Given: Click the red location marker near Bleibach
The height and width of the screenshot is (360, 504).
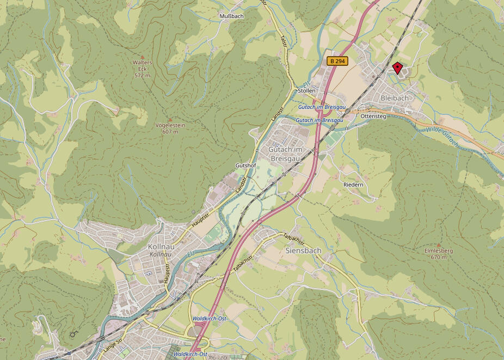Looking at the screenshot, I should pyautogui.click(x=398, y=68).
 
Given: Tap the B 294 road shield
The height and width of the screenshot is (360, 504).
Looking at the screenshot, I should pyautogui.click(x=337, y=61).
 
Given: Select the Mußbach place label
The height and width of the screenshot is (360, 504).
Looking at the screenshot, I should pyautogui.click(x=231, y=16).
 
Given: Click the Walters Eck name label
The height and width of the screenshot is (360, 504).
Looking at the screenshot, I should pyautogui.click(x=142, y=63).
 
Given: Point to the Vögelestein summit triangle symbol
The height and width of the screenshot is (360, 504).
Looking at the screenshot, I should pyautogui.click(x=170, y=119).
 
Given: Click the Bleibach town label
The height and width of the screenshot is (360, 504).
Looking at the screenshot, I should pyautogui.click(x=395, y=97).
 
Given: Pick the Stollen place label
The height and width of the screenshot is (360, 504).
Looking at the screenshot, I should pyautogui.click(x=306, y=90).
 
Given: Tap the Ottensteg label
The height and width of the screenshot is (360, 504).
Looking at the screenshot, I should pyautogui.click(x=373, y=117).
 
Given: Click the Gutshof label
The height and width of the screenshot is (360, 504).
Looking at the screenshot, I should pyautogui.click(x=245, y=165).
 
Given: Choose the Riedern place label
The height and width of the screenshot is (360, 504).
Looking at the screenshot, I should pyautogui.click(x=353, y=185).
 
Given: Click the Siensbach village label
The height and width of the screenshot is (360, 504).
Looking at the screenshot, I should pyautogui.click(x=303, y=251).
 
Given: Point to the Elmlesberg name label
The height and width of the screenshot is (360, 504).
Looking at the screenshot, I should pyautogui.click(x=438, y=251).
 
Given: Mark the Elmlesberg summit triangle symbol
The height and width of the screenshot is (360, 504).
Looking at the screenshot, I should pyautogui.click(x=439, y=245).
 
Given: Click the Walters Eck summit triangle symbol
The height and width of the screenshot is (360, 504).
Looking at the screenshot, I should pyautogui.click(x=143, y=57).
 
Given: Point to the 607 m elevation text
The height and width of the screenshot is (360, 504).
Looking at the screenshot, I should pyautogui.click(x=170, y=132).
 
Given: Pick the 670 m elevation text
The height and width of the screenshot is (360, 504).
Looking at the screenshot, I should pyautogui.click(x=438, y=257).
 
